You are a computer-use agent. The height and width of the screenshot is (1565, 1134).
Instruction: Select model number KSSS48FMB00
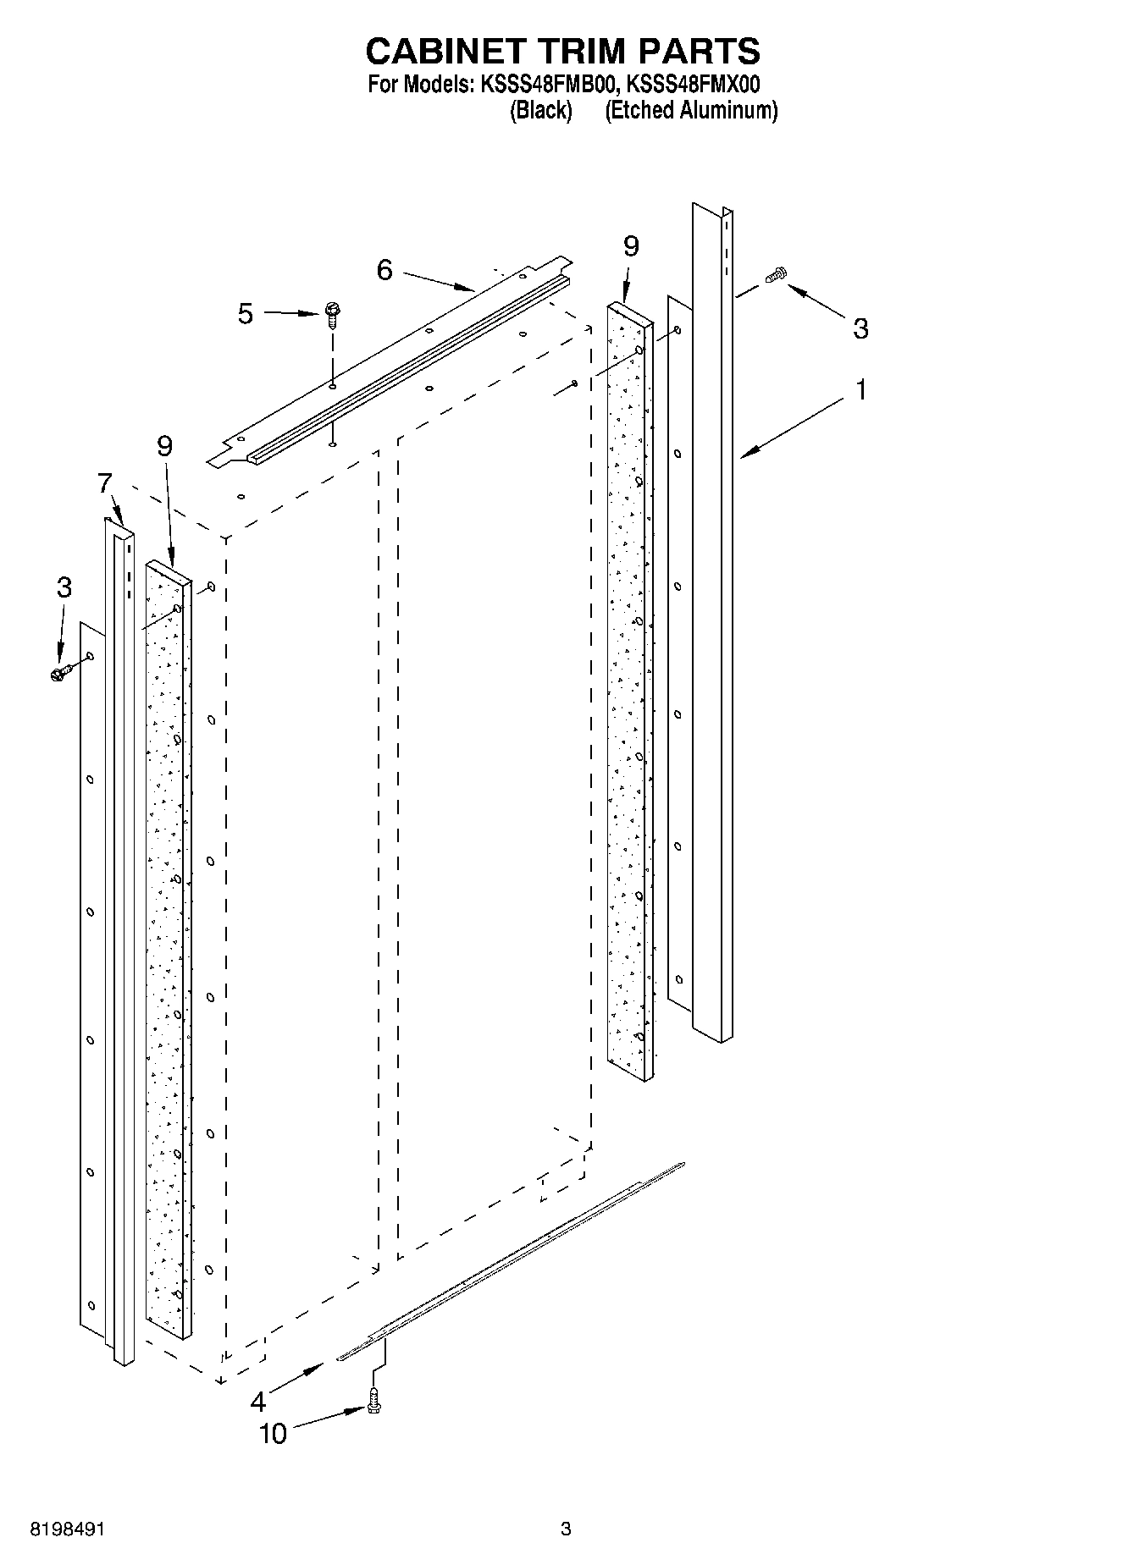548,85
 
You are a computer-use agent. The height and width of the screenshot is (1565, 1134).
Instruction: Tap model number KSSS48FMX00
692,85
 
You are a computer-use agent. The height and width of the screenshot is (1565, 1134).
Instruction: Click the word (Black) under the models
540,110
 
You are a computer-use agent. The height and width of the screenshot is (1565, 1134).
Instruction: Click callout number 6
385,270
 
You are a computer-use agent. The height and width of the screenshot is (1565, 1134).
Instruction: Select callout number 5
245,314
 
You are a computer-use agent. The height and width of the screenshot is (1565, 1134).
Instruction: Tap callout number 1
861,390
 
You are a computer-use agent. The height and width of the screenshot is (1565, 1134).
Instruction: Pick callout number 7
104,483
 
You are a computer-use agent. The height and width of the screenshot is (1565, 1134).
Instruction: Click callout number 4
258,1402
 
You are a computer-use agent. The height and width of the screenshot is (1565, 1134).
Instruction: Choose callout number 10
273,1434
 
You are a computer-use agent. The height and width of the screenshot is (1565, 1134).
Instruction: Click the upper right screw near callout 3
776,274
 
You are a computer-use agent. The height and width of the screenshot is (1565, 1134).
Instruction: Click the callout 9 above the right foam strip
631,246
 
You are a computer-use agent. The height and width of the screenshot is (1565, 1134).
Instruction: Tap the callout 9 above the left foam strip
164,446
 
